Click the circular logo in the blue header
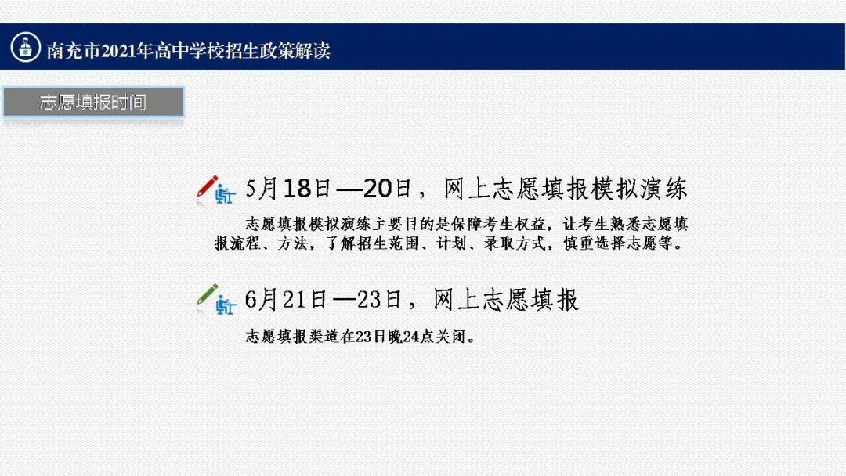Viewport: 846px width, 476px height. coord(25,47)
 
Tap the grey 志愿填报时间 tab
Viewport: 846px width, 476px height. coord(93,102)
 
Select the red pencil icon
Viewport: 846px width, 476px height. coord(208,186)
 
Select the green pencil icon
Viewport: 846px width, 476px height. coord(208,294)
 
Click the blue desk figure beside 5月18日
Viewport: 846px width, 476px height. coord(225,194)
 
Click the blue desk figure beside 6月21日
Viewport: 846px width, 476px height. coord(226,304)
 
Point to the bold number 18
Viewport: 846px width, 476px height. coord(298,189)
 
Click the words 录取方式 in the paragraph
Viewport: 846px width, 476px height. coord(515,243)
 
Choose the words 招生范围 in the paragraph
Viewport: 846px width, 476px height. coord(388,243)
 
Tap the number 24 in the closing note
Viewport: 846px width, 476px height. coord(411,337)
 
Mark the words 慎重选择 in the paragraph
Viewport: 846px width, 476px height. coord(595,243)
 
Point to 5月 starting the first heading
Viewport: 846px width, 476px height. coord(262,189)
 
